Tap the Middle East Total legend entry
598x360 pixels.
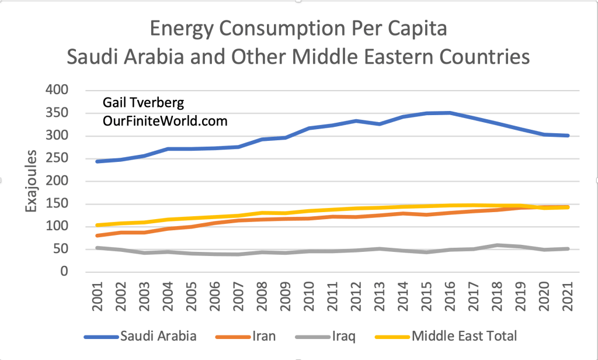coord(464,335)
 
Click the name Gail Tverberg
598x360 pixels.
coord(142,103)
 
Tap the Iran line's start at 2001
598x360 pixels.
coord(96,236)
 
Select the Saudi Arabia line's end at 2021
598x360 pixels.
coord(568,136)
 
